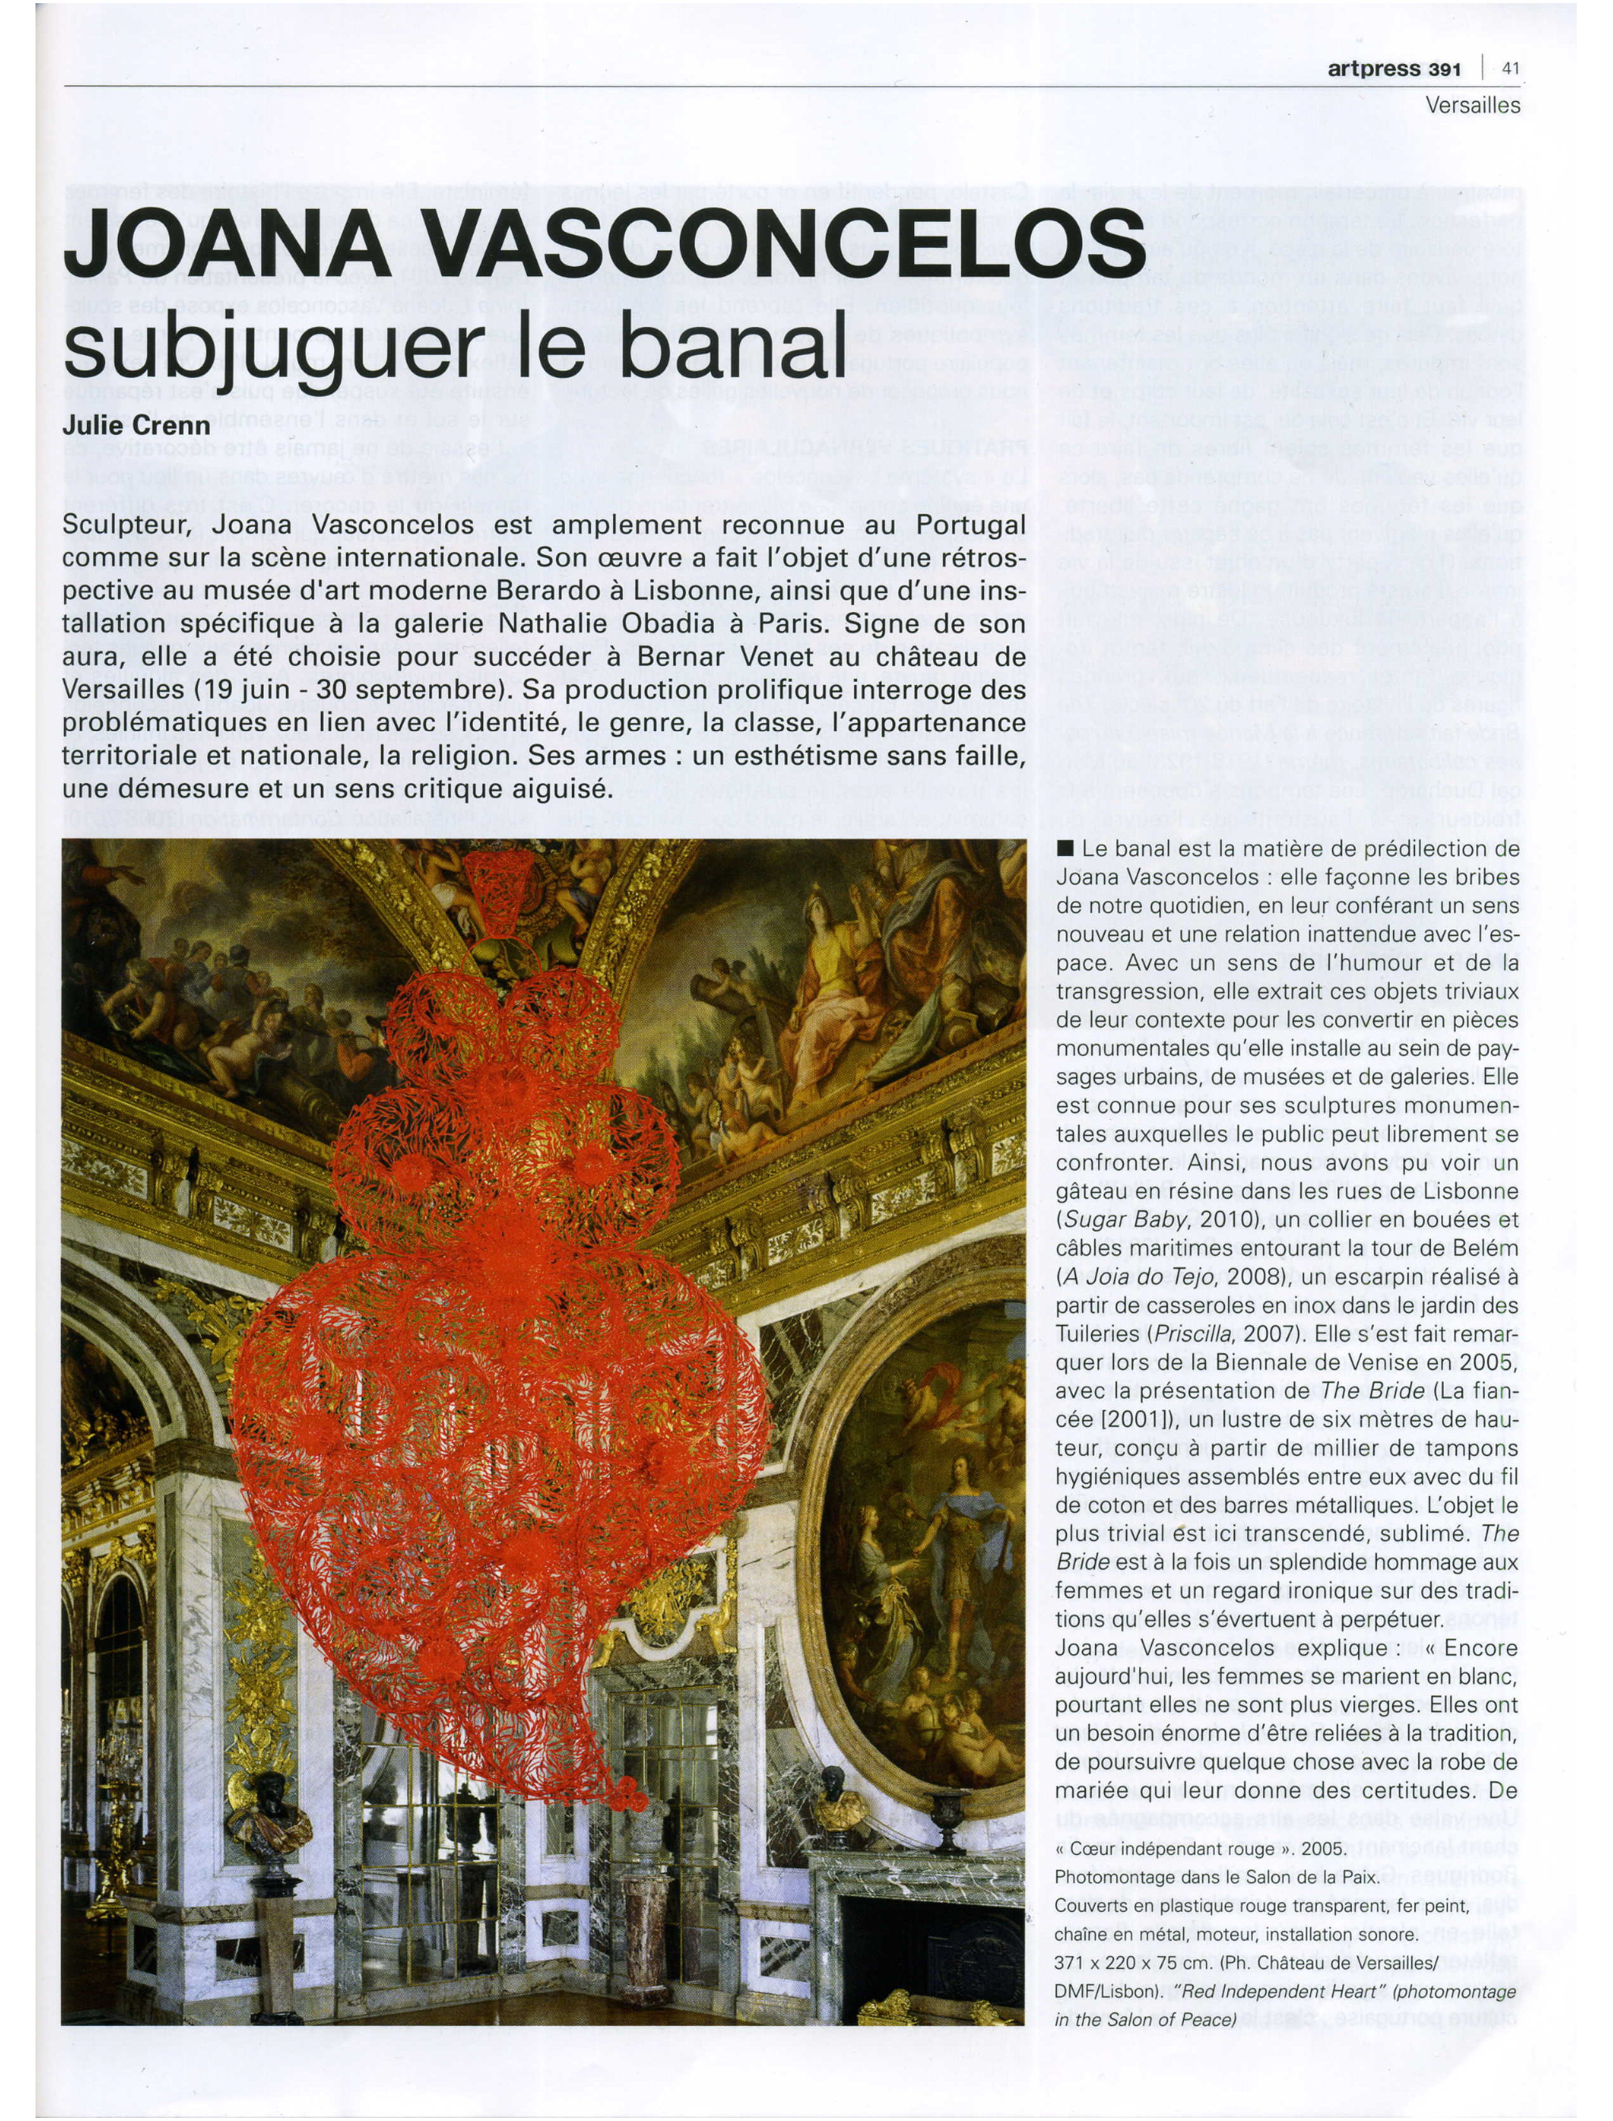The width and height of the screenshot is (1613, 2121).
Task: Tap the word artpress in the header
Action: click(x=1374, y=68)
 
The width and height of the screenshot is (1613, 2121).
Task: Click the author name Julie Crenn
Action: click(x=136, y=425)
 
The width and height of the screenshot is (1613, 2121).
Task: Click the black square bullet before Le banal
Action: click(x=1064, y=849)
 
